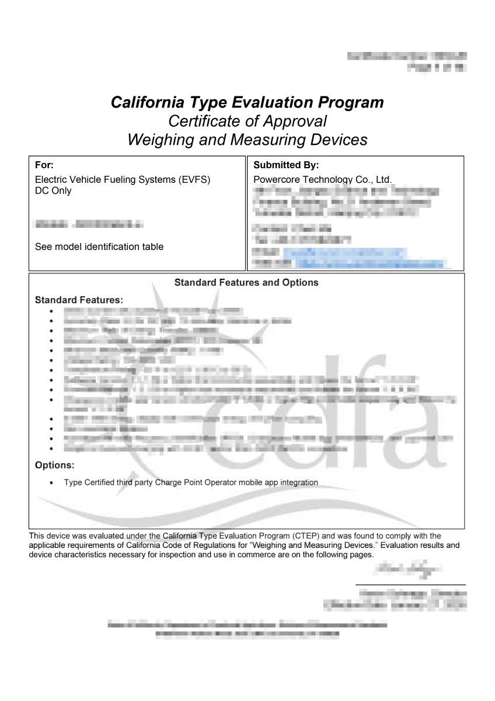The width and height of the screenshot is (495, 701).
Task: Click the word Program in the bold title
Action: [351, 103]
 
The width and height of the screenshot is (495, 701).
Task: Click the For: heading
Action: [44, 165]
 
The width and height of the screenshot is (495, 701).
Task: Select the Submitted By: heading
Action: [286, 165]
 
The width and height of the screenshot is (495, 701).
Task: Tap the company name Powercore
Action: [277, 179]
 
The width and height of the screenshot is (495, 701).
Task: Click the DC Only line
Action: [53, 190]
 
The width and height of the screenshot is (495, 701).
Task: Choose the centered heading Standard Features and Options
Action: [246, 283]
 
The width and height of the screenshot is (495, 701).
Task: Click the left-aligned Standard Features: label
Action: [79, 300]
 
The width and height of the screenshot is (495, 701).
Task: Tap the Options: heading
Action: [55, 466]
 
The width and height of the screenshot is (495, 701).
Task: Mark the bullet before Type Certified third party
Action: [52, 483]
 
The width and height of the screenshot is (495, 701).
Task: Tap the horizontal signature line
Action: [410, 585]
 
